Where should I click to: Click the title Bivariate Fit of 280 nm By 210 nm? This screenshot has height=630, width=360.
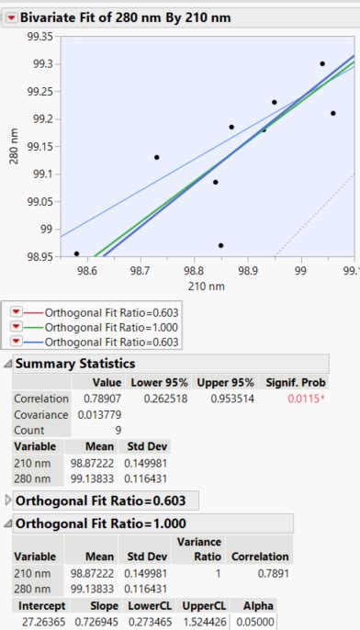coord(126,17)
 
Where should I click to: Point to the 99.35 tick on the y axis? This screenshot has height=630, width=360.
coord(42,36)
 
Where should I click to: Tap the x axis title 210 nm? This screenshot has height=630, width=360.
coord(207,287)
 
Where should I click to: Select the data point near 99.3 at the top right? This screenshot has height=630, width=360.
coord(322,64)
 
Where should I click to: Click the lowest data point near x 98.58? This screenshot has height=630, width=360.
coord(76,253)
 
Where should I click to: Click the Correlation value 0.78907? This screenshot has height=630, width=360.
coord(101,399)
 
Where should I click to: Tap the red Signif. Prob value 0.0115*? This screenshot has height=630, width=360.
coord(306,399)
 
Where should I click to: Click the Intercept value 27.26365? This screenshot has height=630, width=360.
coord(35,622)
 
